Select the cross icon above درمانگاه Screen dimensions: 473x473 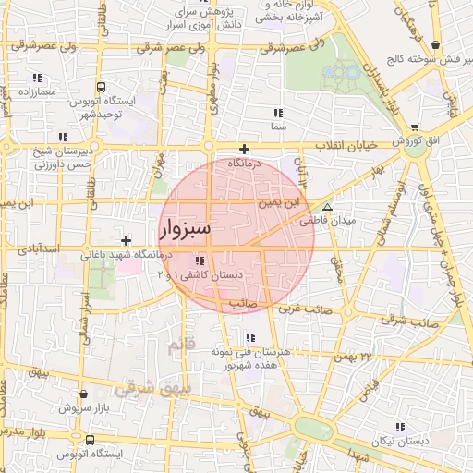click(x=244, y=149)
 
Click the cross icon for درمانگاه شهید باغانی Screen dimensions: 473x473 click(x=126, y=240)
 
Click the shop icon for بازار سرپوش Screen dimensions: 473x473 click(x=84, y=394)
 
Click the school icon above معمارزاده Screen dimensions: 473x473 click(x=36, y=78)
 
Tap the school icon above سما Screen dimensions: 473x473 click(x=277, y=111)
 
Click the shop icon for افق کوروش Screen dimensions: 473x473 click(x=413, y=127)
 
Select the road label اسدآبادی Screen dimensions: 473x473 click(x=38, y=249)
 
